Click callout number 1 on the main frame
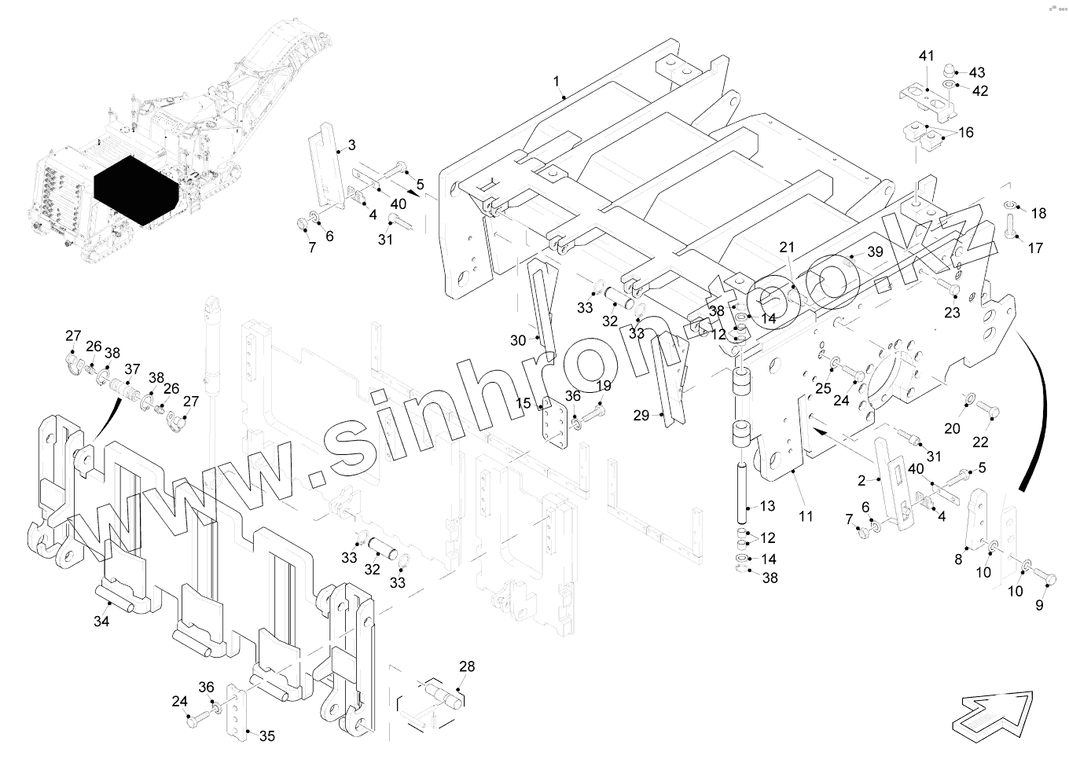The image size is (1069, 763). click(557, 82)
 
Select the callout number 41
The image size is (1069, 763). click(927, 57)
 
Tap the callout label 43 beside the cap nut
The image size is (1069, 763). click(976, 73)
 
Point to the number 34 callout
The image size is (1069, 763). click(101, 622)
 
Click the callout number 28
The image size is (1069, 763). click(467, 667)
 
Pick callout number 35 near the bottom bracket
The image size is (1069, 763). click(267, 736)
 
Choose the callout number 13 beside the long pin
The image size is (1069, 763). click(767, 507)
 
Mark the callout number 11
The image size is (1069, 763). click(806, 516)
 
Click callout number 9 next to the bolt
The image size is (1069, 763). click(1039, 605)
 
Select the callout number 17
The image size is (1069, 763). click(1035, 248)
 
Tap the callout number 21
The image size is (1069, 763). click(787, 248)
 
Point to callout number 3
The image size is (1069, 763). click(351, 145)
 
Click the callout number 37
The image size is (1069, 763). click(131, 369)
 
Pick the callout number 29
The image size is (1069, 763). click(641, 415)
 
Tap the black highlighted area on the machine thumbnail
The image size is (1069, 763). click(134, 189)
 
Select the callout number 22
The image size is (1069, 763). click(980, 442)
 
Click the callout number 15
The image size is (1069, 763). click(523, 403)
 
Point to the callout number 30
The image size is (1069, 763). click(517, 340)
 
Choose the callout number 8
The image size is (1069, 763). click(958, 559)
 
